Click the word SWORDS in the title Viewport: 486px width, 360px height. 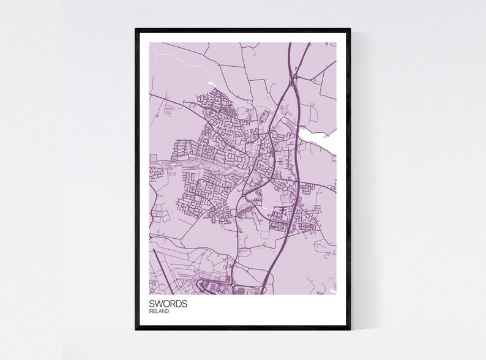[x=168, y=304]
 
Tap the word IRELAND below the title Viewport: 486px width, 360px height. [x=159, y=312]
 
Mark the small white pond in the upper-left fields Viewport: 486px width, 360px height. [x=211, y=83]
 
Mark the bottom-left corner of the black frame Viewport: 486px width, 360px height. [x=136, y=328]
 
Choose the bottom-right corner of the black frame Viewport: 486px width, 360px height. [x=350, y=328]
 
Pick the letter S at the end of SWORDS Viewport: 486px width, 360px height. [x=185, y=304]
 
